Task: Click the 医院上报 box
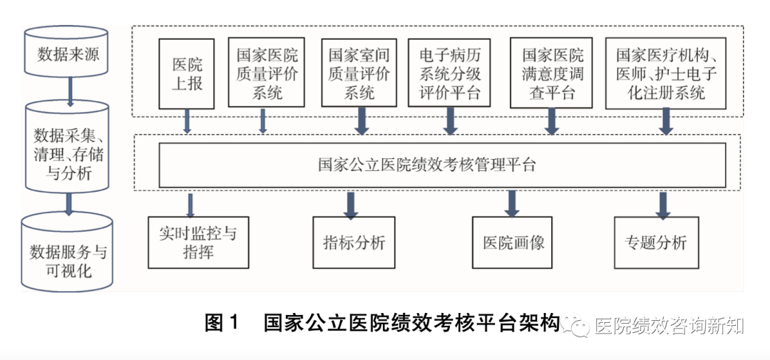point(188,73)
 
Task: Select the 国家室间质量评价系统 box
point(359,73)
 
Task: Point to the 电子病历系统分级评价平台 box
point(450,73)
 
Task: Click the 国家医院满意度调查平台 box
point(552,73)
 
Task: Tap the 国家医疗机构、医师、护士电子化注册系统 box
point(666,73)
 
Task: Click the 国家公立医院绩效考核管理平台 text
point(427,165)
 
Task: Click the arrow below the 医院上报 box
point(188,121)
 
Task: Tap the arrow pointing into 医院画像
point(512,203)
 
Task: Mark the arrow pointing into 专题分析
point(662,204)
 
